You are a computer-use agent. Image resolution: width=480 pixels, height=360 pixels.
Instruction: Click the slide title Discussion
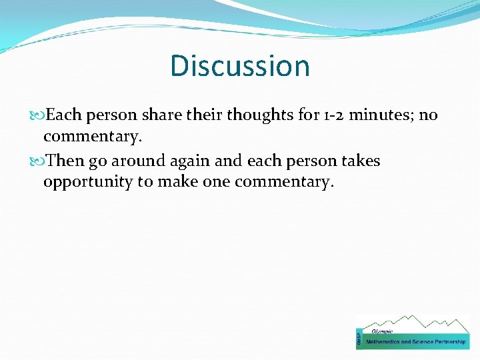pyautogui.click(x=240, y=66)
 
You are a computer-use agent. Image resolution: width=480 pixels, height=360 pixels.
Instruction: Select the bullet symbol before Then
pyautogui.click(x=37, y=161)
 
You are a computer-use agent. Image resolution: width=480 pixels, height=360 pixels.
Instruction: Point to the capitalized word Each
pyautogui.click(x=64, y=115)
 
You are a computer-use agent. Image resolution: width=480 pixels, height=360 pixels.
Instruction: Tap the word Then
pyautogui.click(x=66, y=161)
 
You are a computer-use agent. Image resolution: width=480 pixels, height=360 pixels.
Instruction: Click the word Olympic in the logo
pyautogui.click(x=382, y=331)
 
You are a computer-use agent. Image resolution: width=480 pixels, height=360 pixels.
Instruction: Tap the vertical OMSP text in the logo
pyautogui.click(x=360, y=339)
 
